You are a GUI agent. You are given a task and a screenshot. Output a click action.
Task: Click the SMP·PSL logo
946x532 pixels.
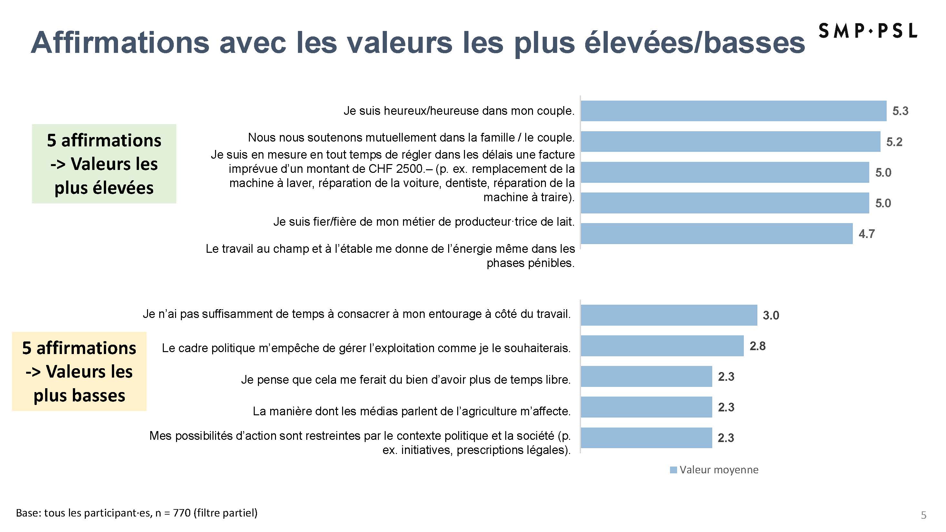click(x=867, y=31)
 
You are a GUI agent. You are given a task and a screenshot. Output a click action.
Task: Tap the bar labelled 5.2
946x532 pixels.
click(x=730, y=141)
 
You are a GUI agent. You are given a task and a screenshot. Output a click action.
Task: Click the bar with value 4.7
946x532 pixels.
click(x=716, y=233)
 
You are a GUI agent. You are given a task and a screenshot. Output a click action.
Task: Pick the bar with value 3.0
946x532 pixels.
click(x=668, y=315)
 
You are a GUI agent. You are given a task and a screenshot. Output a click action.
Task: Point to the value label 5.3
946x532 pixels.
click(x=900, y=111)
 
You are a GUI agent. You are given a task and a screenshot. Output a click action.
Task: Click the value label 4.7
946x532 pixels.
click(x=866, y=234)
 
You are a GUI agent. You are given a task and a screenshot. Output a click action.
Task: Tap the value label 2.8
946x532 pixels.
click(x=757, y=346)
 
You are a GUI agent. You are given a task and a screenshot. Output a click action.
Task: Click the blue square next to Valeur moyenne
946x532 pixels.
click(x=673, y=470)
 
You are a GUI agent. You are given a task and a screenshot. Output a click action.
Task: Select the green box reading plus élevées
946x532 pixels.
click(x=104, y=164)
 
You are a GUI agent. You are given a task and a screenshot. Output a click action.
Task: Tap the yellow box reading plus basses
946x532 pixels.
click(x=79, y=371)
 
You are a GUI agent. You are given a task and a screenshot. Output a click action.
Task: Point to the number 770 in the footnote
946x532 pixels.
click(x=182, y=513)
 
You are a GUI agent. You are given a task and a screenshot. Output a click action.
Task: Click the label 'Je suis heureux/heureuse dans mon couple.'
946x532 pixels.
click(x=459, y=111)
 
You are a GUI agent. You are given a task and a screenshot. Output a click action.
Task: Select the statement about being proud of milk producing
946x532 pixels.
click(x=423, y=222)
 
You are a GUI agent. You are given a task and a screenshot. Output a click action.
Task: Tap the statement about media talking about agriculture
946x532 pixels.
click(x=411, y=411)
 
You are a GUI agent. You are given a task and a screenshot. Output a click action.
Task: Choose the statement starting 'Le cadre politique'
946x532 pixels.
click(x=366, y=348)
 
